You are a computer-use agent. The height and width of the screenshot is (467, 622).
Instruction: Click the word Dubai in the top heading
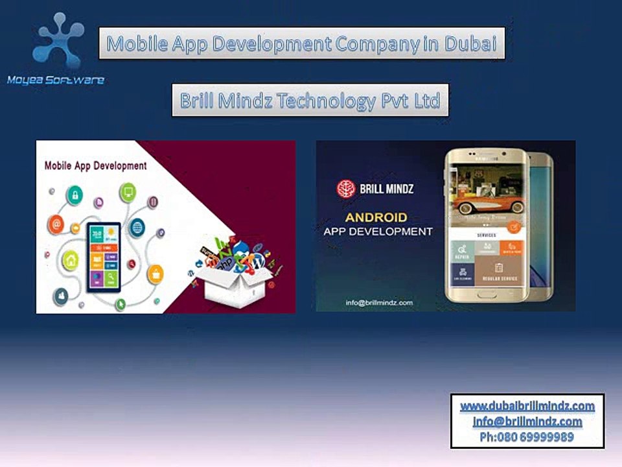click(470, 44)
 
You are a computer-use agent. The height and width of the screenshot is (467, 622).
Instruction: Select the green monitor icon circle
click(127, 192)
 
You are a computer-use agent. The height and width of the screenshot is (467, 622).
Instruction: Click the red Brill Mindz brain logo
click(346, 189)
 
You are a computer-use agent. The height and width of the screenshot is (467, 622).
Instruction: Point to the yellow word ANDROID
click(376, 217)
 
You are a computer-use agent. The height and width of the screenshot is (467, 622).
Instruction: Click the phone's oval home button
click(486, 293)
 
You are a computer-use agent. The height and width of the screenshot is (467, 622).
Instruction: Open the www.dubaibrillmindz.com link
click(527, 406)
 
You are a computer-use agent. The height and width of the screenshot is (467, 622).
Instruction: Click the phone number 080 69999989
click(535, 437)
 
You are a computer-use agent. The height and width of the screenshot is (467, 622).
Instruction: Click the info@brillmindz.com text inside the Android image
click(379, 302)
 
